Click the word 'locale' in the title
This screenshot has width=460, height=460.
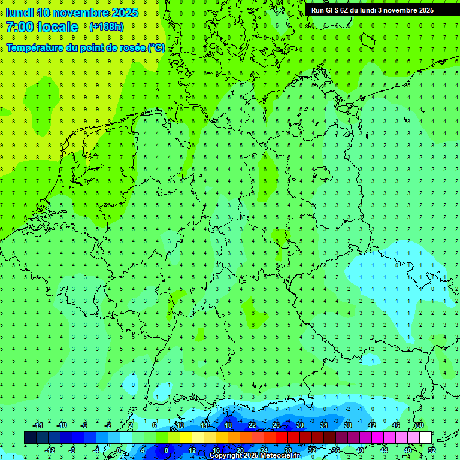[57, 26]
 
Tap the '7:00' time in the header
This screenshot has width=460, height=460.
[20, 26]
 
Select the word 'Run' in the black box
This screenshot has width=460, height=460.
[318, 10]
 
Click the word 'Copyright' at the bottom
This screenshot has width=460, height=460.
[226, 456]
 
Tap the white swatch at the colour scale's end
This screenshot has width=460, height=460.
[425, 438]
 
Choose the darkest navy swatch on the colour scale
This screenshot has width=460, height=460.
[30, 438]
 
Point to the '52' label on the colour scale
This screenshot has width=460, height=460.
[432, 450]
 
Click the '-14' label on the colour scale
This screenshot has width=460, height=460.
[37, 425]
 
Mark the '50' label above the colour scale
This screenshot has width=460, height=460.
[419, 425]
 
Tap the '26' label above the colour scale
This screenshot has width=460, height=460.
[276, 425]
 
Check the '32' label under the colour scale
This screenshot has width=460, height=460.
[312, 450]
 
